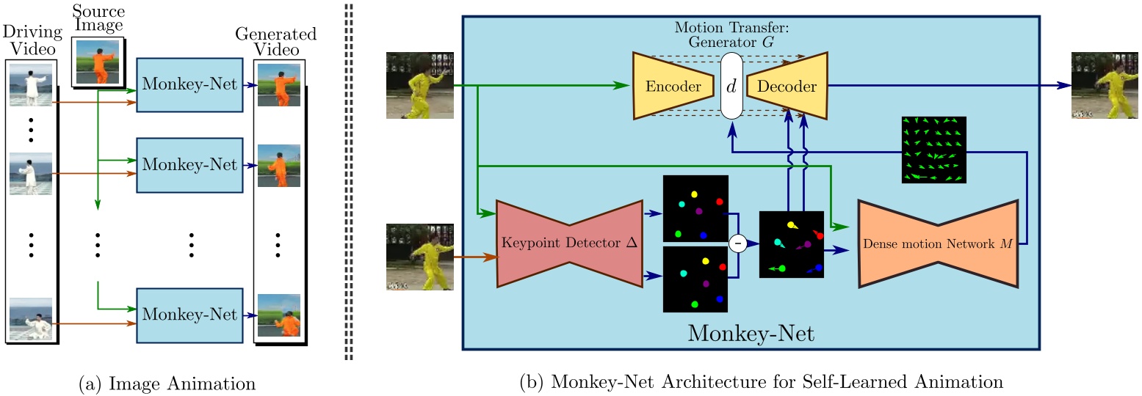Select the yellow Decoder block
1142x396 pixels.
[787, 86]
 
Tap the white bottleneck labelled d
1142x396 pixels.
[731, 86]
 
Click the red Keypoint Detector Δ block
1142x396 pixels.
[568, 242]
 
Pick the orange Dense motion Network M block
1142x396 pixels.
[938, 243]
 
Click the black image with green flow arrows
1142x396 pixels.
[934, 149]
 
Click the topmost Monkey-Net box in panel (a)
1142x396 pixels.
[189, 84]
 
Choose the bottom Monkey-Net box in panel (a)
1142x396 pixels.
[189, 315]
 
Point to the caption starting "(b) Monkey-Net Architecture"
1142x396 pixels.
[760, 383]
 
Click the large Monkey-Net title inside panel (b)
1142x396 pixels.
[751, 334]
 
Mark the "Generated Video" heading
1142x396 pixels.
[276, 43]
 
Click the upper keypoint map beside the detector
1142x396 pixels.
[695, 208]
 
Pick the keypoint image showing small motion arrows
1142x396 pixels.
[792, 243]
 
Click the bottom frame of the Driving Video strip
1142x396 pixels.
[31, 320]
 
